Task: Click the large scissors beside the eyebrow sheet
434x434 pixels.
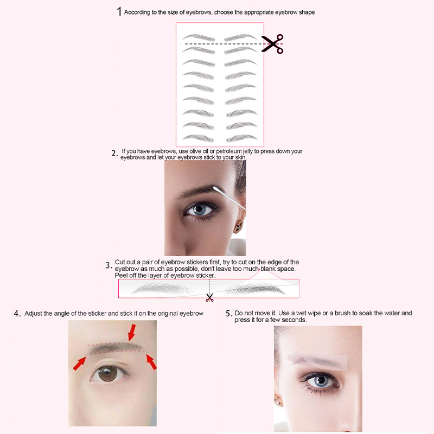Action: pyautogui.click(x=272, y=44)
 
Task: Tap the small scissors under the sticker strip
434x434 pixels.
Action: pyautogui.click(x=209, y=297)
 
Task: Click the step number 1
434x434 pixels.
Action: pyautogui.click(x=119, y=11)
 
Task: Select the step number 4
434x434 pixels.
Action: pyautogui.click(x=17, y=314)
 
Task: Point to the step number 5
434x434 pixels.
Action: pyautogui.click(x=229, y=314)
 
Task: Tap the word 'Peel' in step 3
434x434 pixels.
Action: pyautogui.click(x=120, y=276)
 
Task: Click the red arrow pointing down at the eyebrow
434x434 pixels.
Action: pyautogui.click(x=132, y=332)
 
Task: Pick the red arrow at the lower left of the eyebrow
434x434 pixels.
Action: pyautogui.click(x=79, y=363)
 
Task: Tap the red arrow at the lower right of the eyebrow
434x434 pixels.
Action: pyautogui.click(x=151, y=361)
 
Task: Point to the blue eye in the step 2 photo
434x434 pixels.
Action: pyautogui.click(x=199, y=210)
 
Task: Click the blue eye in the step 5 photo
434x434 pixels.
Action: pyautogui.click(x=321, y=381)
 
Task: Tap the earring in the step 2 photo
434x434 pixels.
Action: pyautogui.click(x=238, y=227)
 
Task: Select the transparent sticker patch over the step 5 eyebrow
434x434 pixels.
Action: pyautogui.click(x=317, y=361)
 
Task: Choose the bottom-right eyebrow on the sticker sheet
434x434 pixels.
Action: pyautogui.click(x=242, y=138)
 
